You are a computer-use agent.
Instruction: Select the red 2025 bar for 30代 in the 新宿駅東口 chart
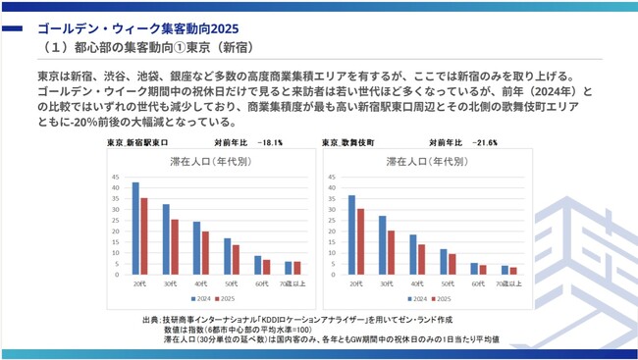(174, 246)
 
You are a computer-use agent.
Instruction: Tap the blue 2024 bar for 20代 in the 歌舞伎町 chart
(351, 233)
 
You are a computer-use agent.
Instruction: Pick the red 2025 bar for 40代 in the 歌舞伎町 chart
(421, 258)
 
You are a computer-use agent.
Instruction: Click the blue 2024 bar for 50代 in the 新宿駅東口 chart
(227, 255)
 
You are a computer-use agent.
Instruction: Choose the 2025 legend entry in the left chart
(227, 297)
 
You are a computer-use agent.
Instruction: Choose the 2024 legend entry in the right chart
(414, 297)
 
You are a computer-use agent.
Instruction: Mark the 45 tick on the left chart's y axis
(116, 178)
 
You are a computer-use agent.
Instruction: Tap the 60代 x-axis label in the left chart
(262, 283)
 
